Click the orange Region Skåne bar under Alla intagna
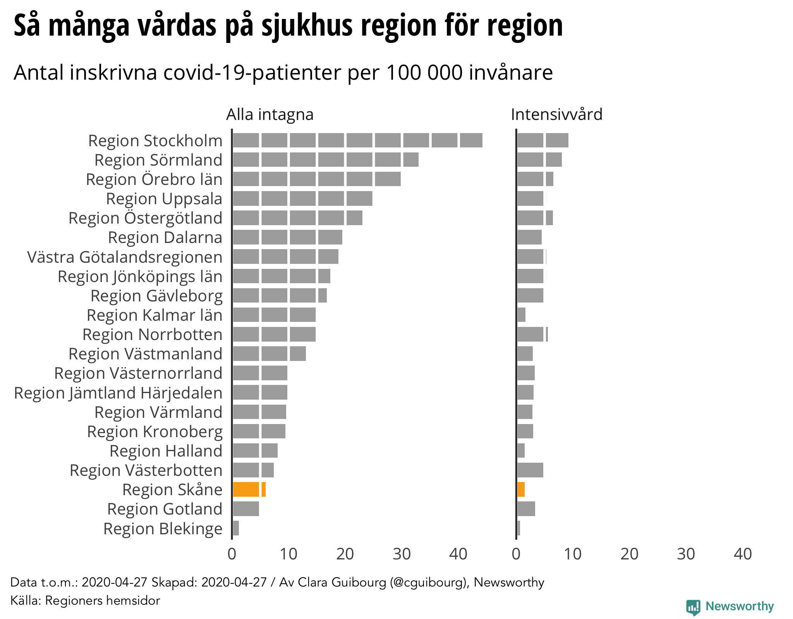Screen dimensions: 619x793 click(x=249, y=489)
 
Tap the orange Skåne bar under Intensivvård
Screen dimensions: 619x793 click(x=521, y=489)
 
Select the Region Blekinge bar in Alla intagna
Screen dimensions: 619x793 click(x=236, y=528)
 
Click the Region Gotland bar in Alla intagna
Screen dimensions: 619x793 click(x=246, y=509)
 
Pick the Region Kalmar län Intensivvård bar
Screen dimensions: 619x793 click(x=522, y=315)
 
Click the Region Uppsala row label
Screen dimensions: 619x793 click(x=164, y=199)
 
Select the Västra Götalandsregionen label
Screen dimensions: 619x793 click(x=125, y=257)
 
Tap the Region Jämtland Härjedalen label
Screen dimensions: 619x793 click(x=118, y=393)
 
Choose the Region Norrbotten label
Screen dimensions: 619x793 click(x=153, y=335)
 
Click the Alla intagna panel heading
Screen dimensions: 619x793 click(x=270, y=115)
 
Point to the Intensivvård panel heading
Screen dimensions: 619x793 click(x=556, y=115)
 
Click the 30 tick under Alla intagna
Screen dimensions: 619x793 click(x=402, y=554)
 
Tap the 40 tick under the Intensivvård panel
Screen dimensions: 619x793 click(x=743, y=554)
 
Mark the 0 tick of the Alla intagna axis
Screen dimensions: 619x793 click(x=232, y=554)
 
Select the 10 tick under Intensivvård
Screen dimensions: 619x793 click(x=572, y=554)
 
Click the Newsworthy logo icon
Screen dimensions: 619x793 click(x=693, y=607)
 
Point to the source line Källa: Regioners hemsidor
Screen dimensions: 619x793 click(x=85, y=600)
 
